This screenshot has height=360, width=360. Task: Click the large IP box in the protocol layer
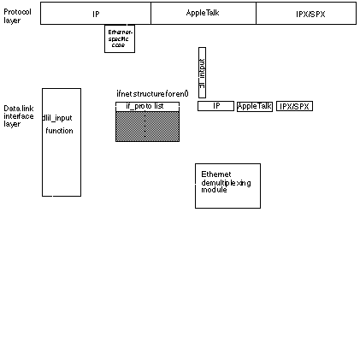click(96, 14)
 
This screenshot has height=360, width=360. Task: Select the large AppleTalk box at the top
click(203, 14)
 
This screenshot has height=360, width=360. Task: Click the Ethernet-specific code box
click(119, 38)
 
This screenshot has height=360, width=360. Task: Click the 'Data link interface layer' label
click(18, 116)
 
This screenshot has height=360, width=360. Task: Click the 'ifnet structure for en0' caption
click(152, 92)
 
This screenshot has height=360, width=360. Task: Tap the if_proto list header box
click(147, 106)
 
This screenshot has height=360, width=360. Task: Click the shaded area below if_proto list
click(147, 126)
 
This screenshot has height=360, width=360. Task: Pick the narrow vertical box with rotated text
click(202, 72)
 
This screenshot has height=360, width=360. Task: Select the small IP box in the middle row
click(215, 106)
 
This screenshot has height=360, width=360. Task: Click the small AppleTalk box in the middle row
click(255, 106)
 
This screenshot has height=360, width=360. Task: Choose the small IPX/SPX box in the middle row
click(294, 106)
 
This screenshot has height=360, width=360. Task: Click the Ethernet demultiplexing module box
click(227, 185)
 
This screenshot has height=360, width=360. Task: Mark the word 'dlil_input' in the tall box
click(56, 117)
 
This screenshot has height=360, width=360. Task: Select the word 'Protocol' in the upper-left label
click(15, 11)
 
